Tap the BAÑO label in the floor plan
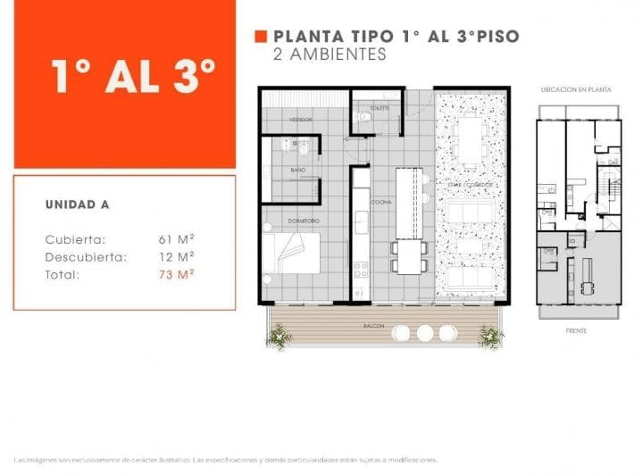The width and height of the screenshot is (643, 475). tap(298, 169)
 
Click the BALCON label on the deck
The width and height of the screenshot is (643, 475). tap(373, 327)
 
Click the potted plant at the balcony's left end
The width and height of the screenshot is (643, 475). tap(279, 337)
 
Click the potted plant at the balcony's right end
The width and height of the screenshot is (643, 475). tap(490, 337)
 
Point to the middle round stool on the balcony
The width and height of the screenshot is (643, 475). tap(425, 332)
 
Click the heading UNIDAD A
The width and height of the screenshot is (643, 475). tap(77, 204)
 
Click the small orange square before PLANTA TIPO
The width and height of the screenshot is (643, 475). tap(261, 37)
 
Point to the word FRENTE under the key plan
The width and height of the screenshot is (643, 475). tap(576, 330)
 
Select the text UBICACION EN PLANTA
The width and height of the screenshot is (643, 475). tap(576, 90)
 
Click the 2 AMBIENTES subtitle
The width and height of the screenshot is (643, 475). tap(330, 54)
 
